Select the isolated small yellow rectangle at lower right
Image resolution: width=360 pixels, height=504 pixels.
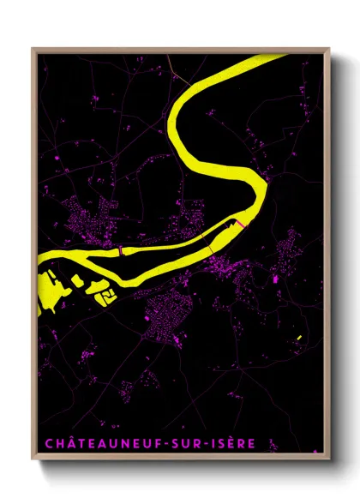click(298, 338)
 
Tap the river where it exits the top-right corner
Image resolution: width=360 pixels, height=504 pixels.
click(276, 59)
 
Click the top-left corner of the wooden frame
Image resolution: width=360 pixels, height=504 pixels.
click(33, 49)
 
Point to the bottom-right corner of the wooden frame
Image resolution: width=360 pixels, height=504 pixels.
click(329, 459)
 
